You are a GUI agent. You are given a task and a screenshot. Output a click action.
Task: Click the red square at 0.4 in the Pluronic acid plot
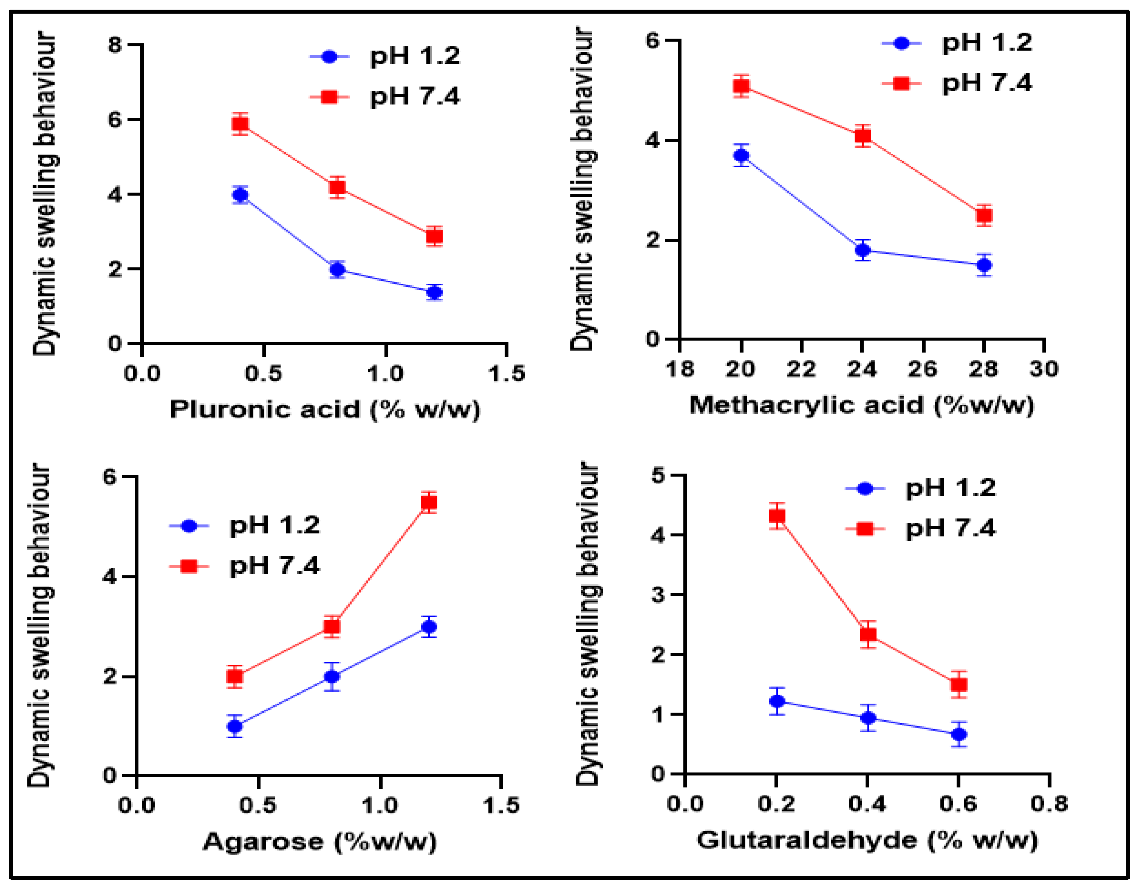(240, 124)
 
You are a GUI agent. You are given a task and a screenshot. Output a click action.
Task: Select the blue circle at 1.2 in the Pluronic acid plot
(434, 292)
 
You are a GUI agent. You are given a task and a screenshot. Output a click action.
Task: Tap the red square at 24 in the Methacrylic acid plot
(863, 136)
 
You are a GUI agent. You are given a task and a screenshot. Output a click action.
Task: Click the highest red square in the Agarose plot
(429, 502)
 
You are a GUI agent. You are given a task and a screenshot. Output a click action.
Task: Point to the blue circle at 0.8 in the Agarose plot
(332, 676)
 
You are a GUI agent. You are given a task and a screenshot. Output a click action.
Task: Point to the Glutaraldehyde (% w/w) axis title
(867, 840)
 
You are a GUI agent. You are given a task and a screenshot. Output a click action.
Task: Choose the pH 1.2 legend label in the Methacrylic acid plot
(986, 43)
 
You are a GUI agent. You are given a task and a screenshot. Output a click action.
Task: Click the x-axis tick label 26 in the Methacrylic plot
(923, 369)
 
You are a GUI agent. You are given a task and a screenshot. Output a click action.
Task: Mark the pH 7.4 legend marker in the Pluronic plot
(329, 96)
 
